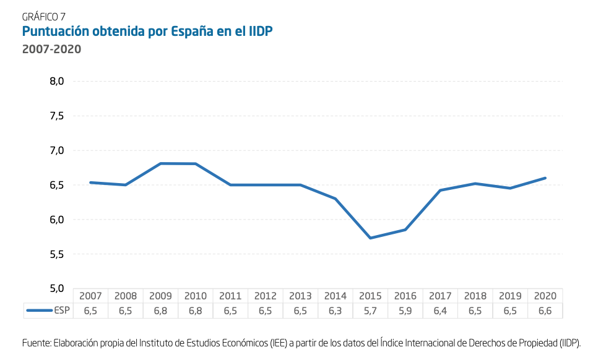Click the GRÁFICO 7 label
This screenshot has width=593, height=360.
[43, 17]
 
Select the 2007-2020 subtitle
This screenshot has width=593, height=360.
[52, 49]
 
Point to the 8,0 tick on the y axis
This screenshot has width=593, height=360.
[57, 81]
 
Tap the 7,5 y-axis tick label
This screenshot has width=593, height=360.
[57, 116]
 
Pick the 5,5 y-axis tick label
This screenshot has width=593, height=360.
[57, 254]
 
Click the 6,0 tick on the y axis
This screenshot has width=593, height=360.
[57, 220]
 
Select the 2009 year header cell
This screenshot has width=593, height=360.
[160, 296]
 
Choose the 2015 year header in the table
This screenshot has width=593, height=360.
[370, 296]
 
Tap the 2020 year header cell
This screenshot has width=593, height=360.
[545, 296]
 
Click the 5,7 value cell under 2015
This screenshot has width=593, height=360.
[370, 311]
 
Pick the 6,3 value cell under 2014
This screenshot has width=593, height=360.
[335, 311]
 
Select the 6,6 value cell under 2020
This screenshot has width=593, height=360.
[545, 311]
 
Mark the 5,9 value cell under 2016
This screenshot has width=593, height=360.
[405, 311]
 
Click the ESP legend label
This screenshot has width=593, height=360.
[62, 311]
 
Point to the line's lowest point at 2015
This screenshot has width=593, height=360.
[370, 238]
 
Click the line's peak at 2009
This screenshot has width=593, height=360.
[160, 163]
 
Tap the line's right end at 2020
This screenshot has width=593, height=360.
[545, 178]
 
